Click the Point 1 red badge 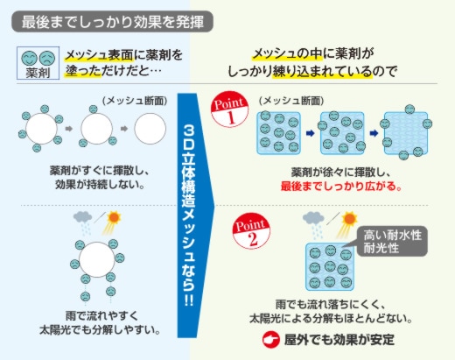(229, 109)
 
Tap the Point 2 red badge (251, 231)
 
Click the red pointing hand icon (270, 340)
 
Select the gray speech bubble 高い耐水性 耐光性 (391, 241)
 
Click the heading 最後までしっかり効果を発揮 (113, 22)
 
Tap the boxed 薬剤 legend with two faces (38, 63)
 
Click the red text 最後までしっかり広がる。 (341, 186)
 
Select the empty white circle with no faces (150, 129)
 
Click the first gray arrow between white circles (69, 129)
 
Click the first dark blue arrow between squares (311, 133)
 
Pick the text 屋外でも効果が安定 (339, 340)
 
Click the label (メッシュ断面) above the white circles (135, 101)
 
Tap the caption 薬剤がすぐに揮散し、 (100, 171)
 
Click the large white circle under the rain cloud (97, 259)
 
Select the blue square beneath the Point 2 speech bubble (330, 267)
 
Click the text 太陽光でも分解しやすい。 (100, 330)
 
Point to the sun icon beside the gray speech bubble (347, 222)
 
